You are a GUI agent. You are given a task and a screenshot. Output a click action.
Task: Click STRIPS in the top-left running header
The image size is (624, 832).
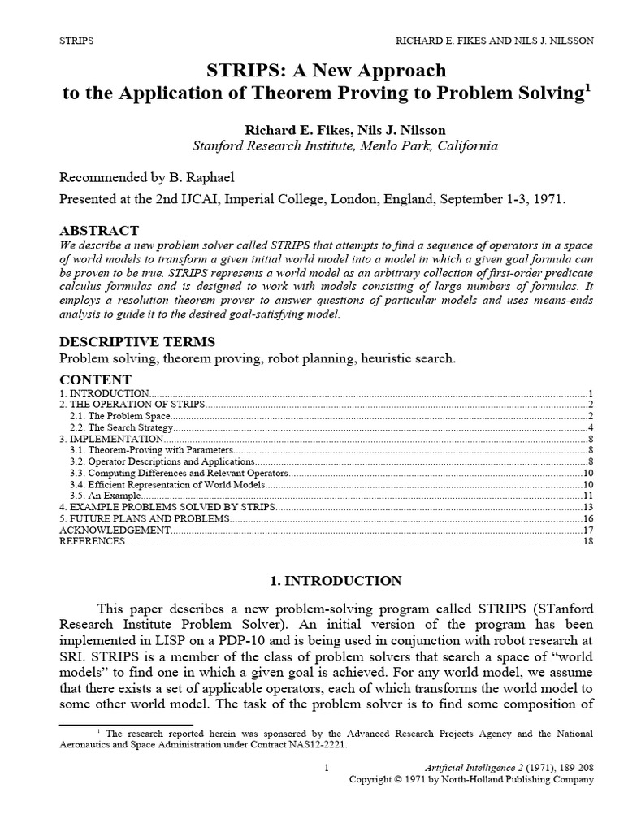pyautogui.click(x=76, y=40)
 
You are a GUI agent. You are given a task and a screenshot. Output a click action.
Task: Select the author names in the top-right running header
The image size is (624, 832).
pyautogui.click(x=495, y=40)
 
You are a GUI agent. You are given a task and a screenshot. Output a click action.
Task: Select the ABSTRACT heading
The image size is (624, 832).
pyautogui.click(x=99, y=230)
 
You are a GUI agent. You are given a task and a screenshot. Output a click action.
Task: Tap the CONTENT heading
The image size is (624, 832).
pyautogui.click(x=95, y=379)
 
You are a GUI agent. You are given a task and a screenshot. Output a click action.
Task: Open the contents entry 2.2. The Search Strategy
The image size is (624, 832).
pyautogui.click(x=121, y=427)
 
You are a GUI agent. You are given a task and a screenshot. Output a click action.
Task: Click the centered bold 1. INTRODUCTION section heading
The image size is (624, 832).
pyautogui.click(x=335, y=581)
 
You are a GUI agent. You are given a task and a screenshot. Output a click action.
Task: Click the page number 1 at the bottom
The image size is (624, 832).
pyautogui.click(x=325, y=768)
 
